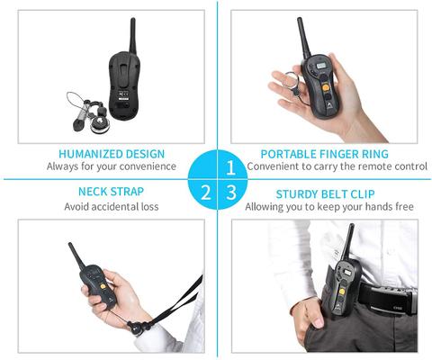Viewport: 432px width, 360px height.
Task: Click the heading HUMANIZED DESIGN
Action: tap(111, 153)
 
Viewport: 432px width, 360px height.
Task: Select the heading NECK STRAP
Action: tap(112, 191)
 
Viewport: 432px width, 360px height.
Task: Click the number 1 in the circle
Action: tap(231, 166)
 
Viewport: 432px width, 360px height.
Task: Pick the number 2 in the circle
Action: tap(206, 191)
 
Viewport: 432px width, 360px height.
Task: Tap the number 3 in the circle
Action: tap(231, 192)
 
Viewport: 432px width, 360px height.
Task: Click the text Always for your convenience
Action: tap(111, 166)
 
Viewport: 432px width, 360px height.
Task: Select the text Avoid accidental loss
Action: tap(112, 206)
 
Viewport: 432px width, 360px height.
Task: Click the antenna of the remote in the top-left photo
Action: tap(132, 36)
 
